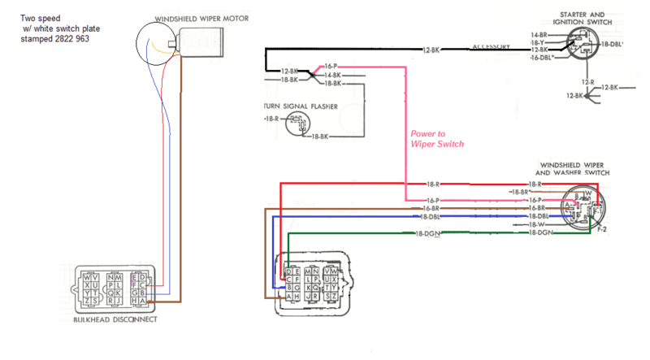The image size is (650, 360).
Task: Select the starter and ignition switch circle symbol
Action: (582, 46)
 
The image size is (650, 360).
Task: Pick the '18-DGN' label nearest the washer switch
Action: (540, 232)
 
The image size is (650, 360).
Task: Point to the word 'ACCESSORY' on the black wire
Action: (492, 47)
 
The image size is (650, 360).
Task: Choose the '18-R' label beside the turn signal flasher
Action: (270, 119)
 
